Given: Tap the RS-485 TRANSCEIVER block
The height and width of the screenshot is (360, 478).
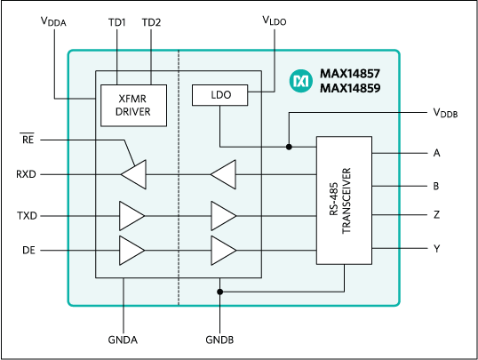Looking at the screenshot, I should click(x=345, y=200).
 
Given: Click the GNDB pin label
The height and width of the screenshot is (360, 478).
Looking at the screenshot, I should click(x=219, y=339).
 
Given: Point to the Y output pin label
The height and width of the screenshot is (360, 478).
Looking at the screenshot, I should click(x=436, y=251).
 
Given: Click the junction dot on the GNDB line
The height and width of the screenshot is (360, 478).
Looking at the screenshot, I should click(x=219, y=291).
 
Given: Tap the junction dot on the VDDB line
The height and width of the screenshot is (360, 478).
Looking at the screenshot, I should click(x=289, y=147).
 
